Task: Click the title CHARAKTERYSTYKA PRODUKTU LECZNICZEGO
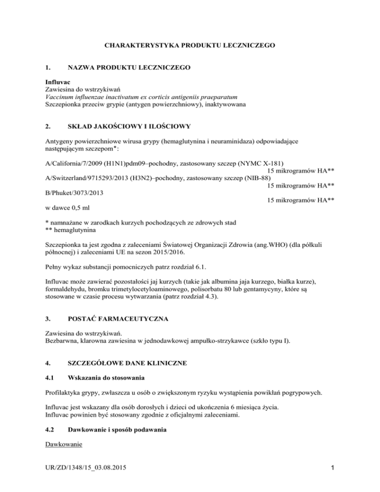[x=190, y=46]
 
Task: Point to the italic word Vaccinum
[x=55, y=97]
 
